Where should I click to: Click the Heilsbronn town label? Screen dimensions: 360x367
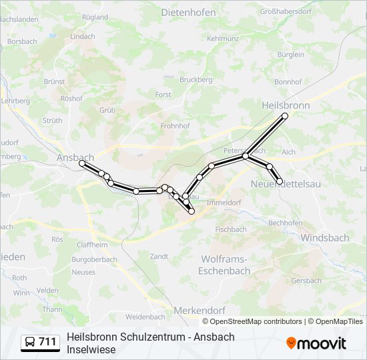[287, 105]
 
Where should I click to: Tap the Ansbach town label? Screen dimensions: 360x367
[75, 157]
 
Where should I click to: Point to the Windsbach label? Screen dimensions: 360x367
[324, 237]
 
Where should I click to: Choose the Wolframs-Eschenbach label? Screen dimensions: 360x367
[226, 265]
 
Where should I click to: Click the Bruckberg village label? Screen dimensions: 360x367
[196, 79]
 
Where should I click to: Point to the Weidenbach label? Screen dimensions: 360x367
[145, 317]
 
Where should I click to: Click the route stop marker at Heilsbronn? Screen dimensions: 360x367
[285, 116]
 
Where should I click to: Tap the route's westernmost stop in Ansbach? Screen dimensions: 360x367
[81, 163]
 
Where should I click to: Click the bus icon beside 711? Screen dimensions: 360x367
[30, 342]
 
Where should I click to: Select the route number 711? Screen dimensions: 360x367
[48, 342]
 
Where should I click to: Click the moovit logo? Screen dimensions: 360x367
[316, 343]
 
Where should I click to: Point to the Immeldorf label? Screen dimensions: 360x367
[224, 202]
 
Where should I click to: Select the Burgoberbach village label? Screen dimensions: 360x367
[94, 259]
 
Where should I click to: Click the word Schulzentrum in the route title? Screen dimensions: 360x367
[153, 337]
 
